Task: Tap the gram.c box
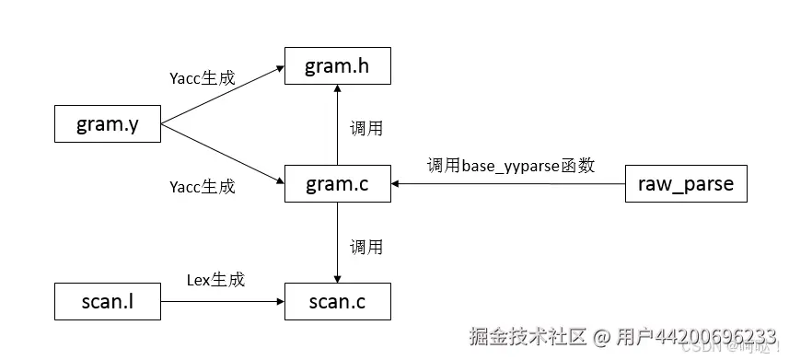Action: click(338, 183)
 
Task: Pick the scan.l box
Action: click(107, 300)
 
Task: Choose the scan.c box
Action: click(338, 300)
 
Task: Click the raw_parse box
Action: click(685, 183)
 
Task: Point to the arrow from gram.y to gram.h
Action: click(221, 95)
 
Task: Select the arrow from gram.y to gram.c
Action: click(221, 153)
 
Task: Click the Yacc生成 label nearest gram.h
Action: click(203, 77)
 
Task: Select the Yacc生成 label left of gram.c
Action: click(203, 186)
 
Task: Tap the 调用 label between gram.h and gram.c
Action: click(365, 128)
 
